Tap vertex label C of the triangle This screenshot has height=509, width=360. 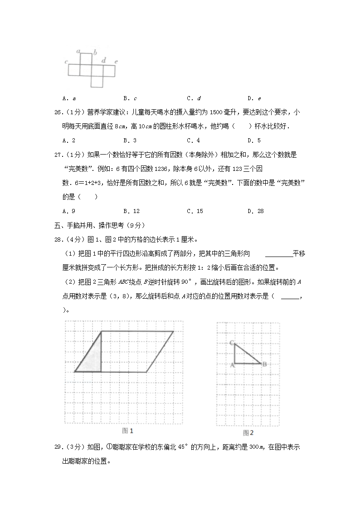(231, 343)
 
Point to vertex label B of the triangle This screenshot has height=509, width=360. (264, 364)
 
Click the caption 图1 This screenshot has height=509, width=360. (128, 431)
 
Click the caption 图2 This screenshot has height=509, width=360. (248, 432)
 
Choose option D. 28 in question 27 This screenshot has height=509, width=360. (255, 211)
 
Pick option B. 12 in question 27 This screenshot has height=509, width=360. (131, 211)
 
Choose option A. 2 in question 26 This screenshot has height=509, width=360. (68, 141)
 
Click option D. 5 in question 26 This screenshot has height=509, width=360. (254, 141)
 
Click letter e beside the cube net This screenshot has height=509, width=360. (116, 61)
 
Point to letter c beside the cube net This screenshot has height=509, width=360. (66, 61)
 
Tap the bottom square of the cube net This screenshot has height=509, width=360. (97, 82)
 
